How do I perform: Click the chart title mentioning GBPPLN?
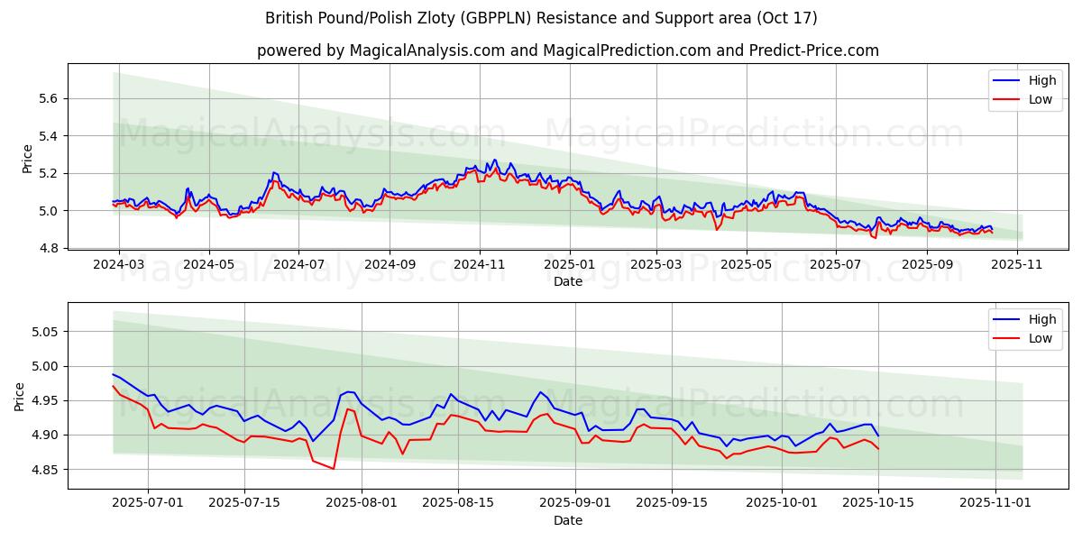point(541,18)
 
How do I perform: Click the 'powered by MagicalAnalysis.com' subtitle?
point(568,50)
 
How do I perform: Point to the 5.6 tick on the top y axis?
point(48,98)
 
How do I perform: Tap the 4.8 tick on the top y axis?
point(48,248)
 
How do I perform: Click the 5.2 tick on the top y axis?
point(48,173)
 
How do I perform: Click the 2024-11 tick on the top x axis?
point(479,266)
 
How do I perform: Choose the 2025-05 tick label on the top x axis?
point(746,266)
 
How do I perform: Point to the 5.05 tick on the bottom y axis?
point(44,332)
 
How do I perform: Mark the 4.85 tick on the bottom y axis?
point(44,470)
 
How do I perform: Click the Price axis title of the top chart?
point(27,159)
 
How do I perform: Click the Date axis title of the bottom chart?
point(568,520)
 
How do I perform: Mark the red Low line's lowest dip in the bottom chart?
point(334,469)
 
